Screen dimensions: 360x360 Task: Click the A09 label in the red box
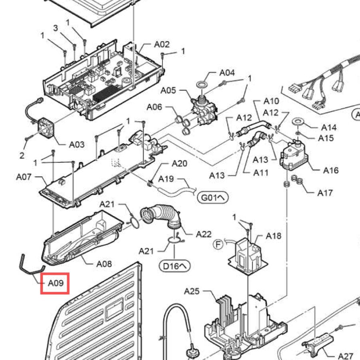tap(56, 283)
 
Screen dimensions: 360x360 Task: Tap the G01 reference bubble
tap(213, 198)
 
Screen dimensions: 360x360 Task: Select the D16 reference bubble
tap(174, 266)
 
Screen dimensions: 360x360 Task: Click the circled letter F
tap(218, 244)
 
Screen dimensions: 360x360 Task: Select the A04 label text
tap(227, 72)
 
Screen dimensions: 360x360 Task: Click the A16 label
tap(331, 170)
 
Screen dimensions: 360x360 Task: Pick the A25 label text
tap(192, 291)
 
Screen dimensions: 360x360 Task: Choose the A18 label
tap(274, 236)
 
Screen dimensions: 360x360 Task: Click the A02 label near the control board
tap(162, 44)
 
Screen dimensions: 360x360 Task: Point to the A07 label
tap(24, 177)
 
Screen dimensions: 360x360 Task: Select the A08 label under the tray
tap(104, 264)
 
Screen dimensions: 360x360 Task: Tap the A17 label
tap(325, 193)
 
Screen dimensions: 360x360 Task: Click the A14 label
tap(329, 128)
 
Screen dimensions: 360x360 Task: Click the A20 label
tap(180, 164)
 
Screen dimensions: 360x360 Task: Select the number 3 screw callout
tap(56, 28)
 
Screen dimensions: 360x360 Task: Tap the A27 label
tap(346, 356)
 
